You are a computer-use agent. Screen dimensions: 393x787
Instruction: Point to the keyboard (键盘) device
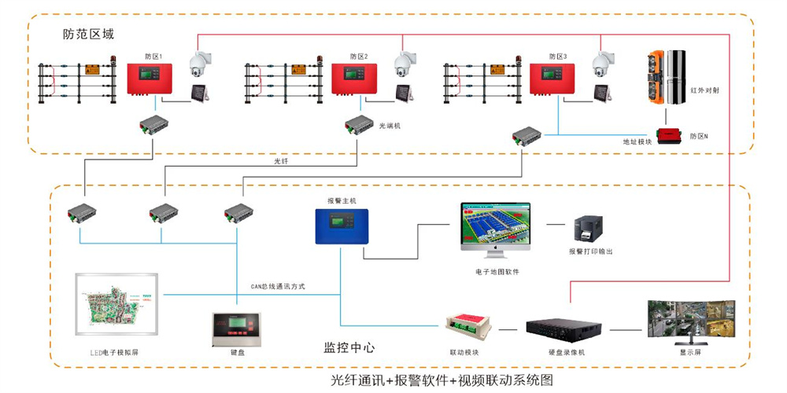point(236,328)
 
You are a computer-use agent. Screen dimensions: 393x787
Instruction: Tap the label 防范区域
point(89,35)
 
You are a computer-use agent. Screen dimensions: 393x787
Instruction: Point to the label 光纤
point(282,161)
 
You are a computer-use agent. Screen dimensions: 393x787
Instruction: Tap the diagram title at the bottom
point(442,380)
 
